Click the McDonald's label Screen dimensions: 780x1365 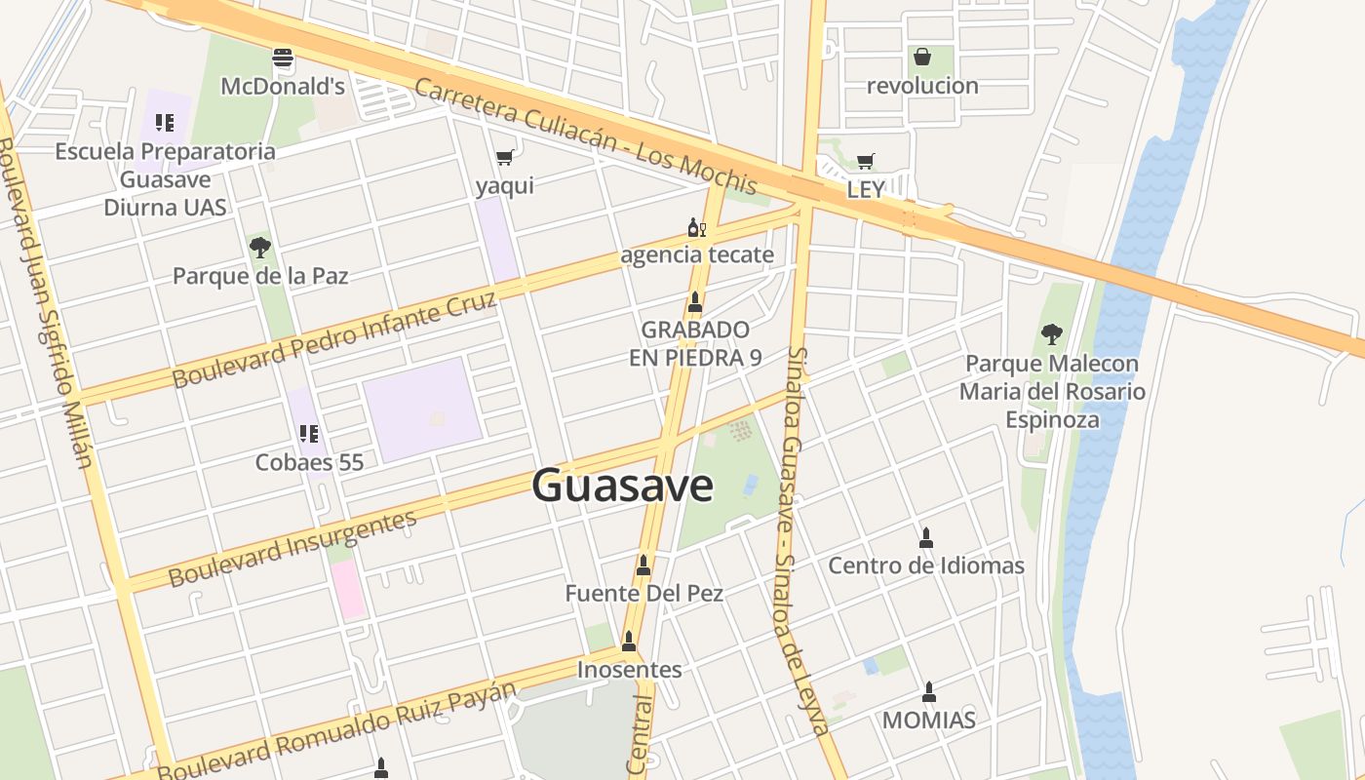pos(283,86)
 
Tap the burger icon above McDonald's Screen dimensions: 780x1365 pos(283,58)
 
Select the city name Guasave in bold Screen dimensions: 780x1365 pos(622,485)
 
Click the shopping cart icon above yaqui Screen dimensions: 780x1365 pos(504,157)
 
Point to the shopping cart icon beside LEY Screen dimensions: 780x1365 pos(865,161)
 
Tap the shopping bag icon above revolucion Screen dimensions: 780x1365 pos(921,57)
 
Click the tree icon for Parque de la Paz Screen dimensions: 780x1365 pos(259,247)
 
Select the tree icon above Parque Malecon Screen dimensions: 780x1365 pos(1051,334)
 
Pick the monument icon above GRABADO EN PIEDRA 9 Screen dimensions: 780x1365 pos(695,301)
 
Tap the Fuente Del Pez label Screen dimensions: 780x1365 pos(643,593)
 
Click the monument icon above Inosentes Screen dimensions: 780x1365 pos(629,642)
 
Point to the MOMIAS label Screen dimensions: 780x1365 pos(928,721)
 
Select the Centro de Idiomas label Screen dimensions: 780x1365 pos(925,565)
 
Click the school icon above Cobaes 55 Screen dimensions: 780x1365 pos(309,434)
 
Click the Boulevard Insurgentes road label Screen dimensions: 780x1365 pos(292,548)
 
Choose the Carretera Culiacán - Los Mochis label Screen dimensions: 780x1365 pos(585,136)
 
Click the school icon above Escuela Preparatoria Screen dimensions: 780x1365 pos(165,123)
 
